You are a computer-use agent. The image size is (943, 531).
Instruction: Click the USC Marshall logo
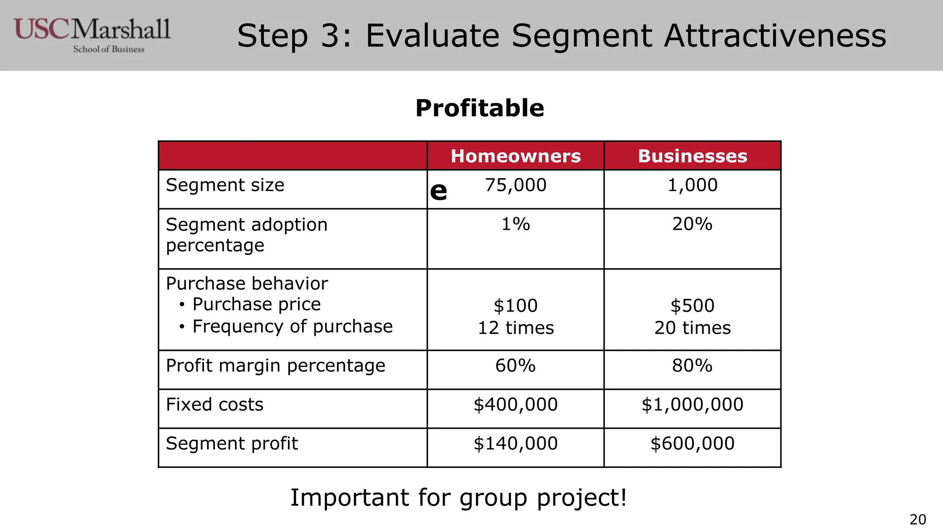pyautogui.click(x=92, y=35)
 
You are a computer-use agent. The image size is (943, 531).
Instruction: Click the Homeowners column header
pyautogui.click(x=516, y=156)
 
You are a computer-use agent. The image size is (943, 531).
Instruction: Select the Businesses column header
pyautogui.click(x=693, y=156)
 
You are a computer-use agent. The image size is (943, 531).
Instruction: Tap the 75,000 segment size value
pyautogui.click(x=516, y=185)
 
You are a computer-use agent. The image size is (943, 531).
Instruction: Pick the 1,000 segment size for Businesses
pyautogui.click(x=693, y=185)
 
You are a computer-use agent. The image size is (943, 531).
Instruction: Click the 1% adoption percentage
pyautogui.click(x=516, y=224)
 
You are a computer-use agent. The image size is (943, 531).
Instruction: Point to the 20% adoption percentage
pyautogui.click(x=693, y=224)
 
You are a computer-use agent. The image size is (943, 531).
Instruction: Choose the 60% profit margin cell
pyautogui.click(x=516, y=366)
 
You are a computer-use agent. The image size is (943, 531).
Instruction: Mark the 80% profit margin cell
pyautogui.click(x=693, y=366)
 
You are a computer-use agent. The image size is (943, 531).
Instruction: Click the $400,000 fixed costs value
pyautogui.click(x=516, y=405)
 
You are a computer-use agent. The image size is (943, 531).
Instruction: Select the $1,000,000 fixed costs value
pyautogui.click(x=693, y=405)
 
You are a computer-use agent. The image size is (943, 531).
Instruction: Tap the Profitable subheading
pyautogui.click(x=480, y=108)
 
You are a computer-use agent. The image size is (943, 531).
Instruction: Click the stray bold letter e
pyautogui.click(x=438, y=191)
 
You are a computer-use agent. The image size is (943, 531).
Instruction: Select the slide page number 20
pyautogui.click(x=918, y=519)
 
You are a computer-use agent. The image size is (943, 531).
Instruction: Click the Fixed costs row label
pyautogui.click(x=215, y=405)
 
